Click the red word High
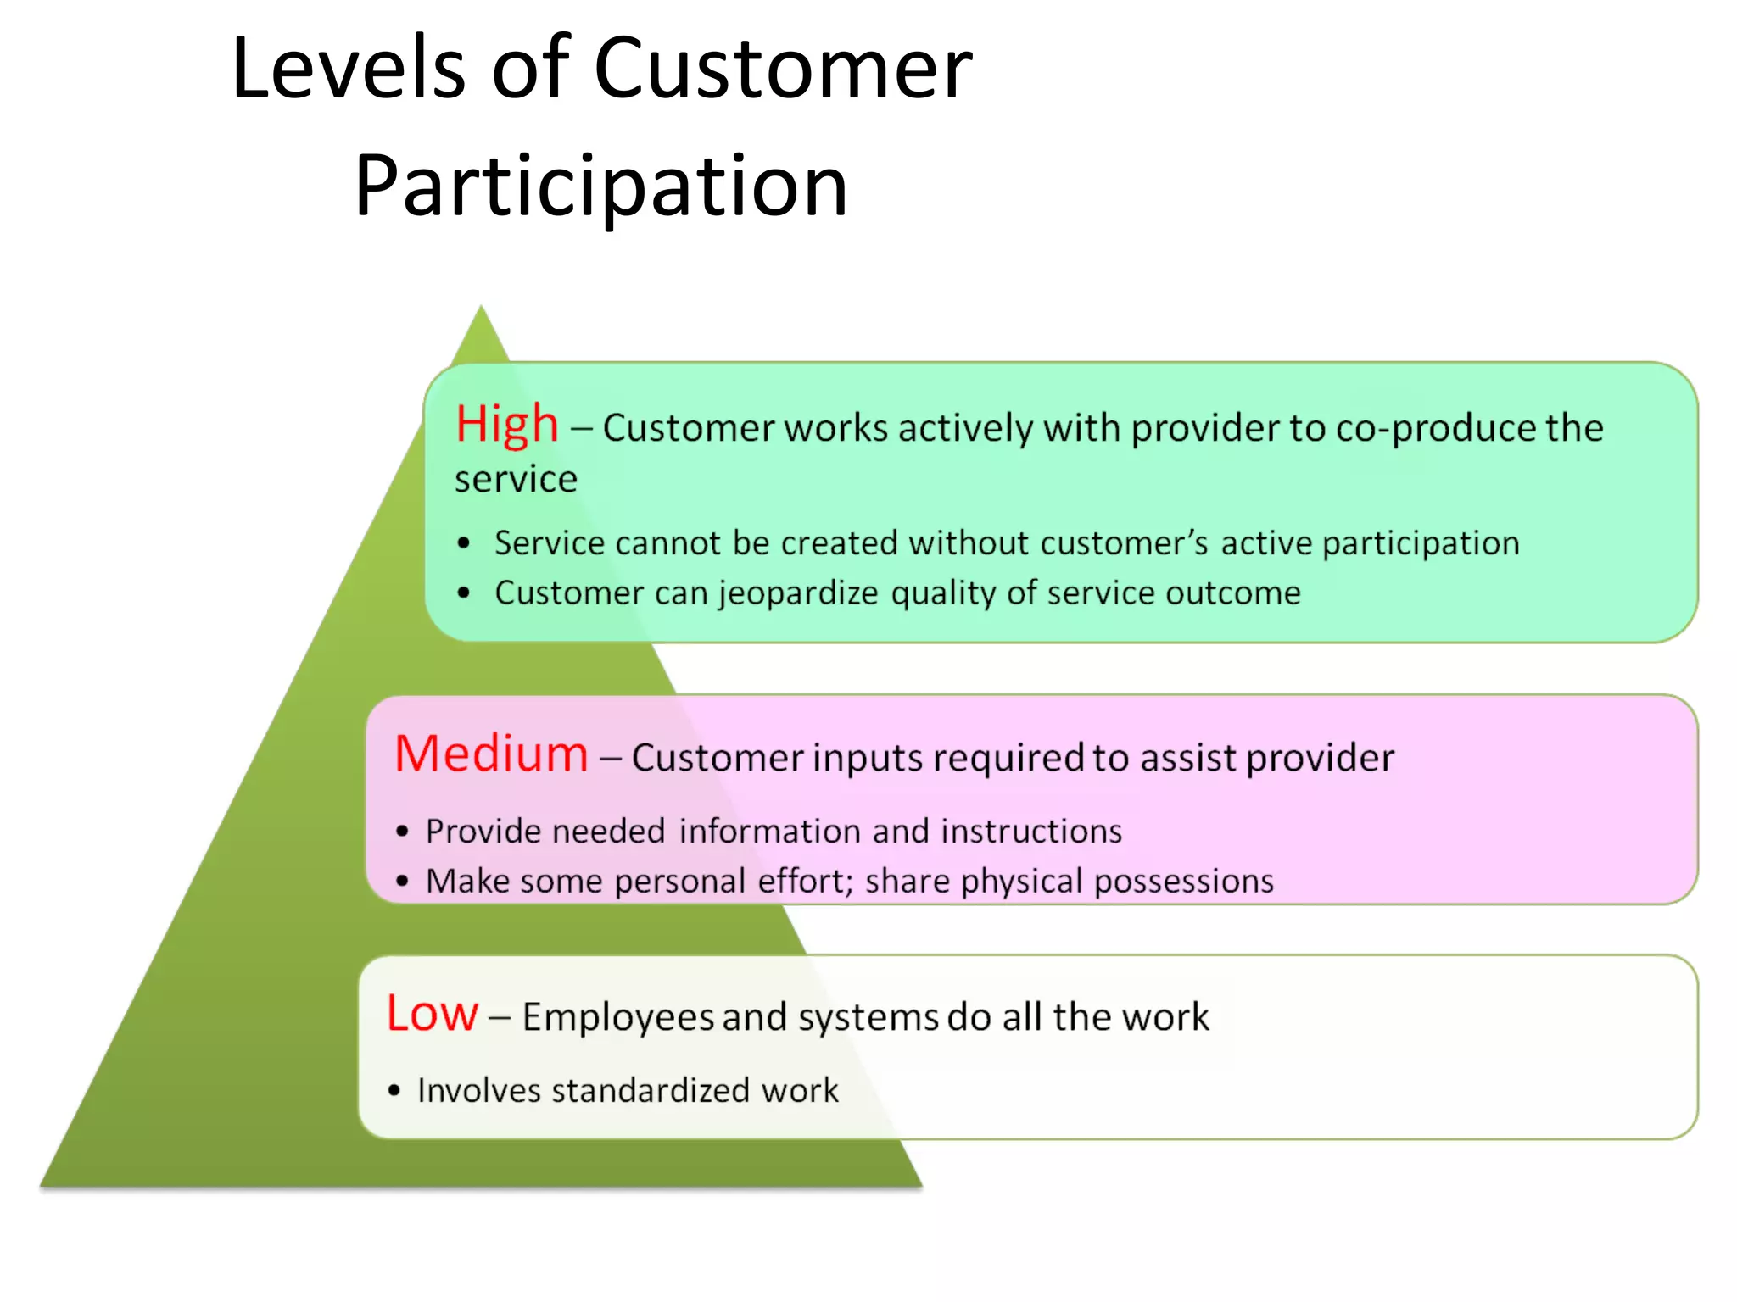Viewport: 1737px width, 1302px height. [506, 425]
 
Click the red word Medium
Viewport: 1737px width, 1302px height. [491, 754]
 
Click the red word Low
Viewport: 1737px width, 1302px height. [432, 1013]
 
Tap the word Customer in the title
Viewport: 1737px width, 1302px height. [783, 69]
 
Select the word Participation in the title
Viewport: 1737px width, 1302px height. [600, 186]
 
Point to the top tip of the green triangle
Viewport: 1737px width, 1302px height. [481, 309]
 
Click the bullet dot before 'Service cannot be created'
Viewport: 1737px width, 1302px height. [463, 543]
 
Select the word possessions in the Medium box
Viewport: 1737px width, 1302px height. [1183, 882]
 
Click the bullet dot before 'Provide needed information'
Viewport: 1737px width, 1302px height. [402, 832]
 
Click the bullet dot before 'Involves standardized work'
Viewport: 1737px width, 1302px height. [394, 1091]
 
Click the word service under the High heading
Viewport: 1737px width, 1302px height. [516, 480]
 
